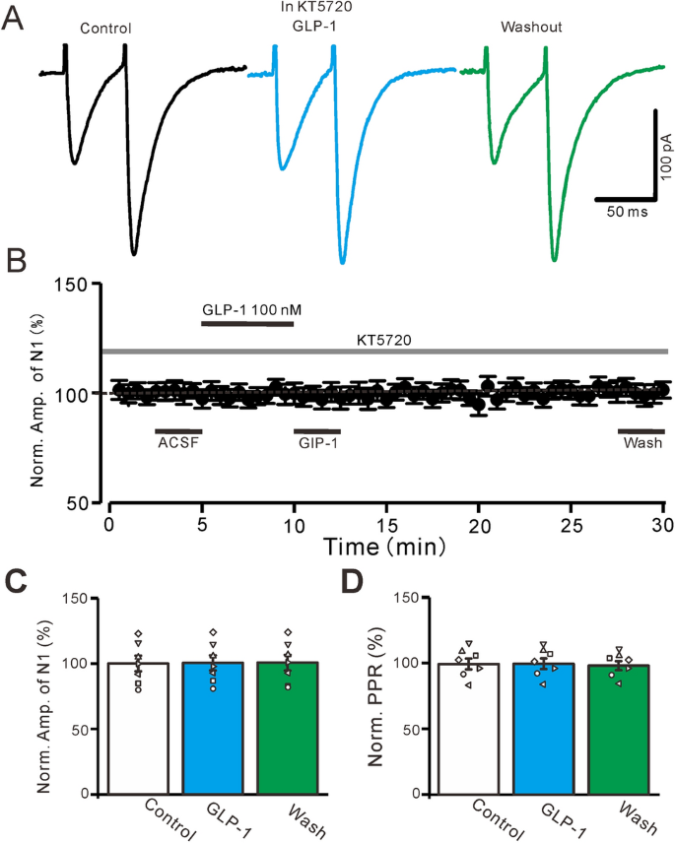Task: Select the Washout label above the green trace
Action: pyautogui.click(x=531, y=28)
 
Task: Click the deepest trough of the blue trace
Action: pyautogui.click(x=342, y=262)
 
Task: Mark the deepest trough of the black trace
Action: pyautogui.click(x=134, y=253)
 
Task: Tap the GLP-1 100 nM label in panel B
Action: pyautogui.click(x=252, y=310)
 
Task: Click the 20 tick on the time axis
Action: pyautogui.click(x=479, y=521)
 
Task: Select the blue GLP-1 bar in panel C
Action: pyautogui.click(x=213, y=728)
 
